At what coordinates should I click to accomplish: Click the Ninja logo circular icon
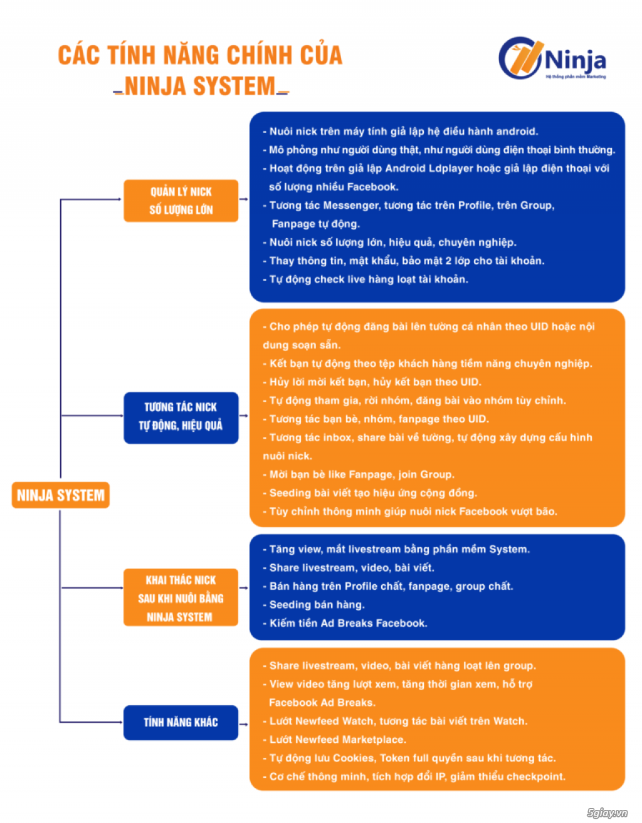click(520, 58)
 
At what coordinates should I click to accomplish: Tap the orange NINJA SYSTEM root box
click(61, 495)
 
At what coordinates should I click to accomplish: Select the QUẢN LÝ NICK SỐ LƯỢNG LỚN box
click(181, 201)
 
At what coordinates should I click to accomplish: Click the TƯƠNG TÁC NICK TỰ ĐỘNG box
click(181, 417)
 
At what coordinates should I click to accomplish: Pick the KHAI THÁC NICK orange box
click(181, 597)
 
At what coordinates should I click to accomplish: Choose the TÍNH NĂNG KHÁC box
click(181, 722)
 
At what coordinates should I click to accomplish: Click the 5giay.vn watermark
click(607, 812)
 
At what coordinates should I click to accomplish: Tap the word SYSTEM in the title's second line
click(234, 86)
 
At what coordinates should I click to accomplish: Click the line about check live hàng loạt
click(366, 279)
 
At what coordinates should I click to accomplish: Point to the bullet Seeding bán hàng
click(313, 604)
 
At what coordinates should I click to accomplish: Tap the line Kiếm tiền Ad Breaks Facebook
click(345, 623)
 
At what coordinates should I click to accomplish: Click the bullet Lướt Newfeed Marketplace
click(334, 739)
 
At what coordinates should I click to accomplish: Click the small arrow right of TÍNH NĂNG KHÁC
click(243, 724)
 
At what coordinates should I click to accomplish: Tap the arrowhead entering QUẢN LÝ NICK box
click(119, 199)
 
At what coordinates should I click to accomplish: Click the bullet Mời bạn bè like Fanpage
click(359, 474)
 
